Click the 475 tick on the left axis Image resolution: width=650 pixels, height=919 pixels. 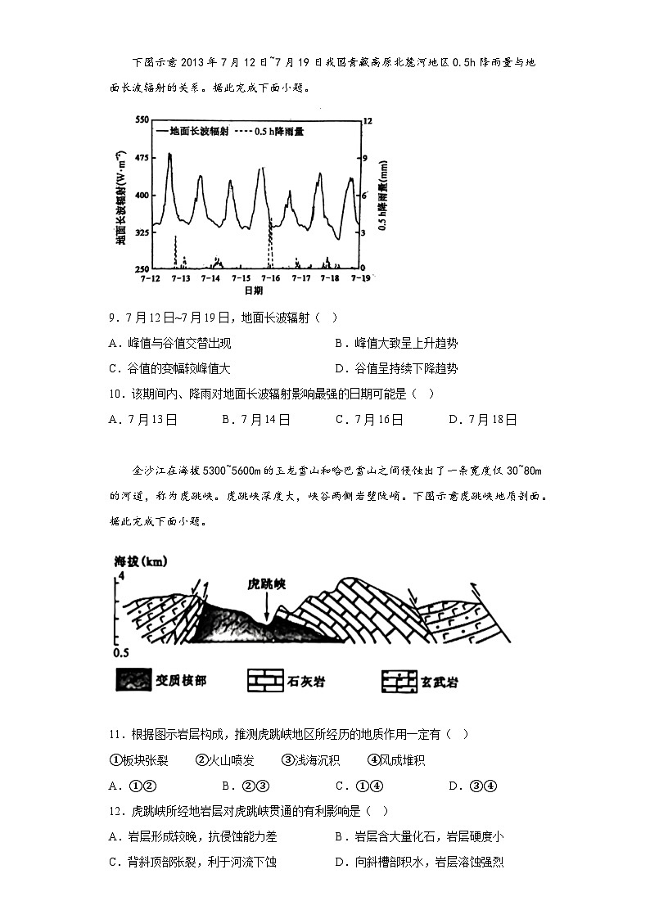click(x=140, y=157)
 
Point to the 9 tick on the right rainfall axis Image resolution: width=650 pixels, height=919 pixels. click(x=368, y=157)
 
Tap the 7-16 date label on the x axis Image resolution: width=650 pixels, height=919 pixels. click(x=271, y=278)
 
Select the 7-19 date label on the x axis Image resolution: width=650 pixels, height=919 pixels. click(x=359, y=278)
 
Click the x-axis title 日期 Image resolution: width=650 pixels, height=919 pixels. click(x=253, y=291)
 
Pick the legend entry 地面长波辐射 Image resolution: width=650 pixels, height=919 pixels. click(x=196, y=131)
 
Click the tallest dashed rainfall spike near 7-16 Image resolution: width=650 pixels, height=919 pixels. click(x=269, y=241)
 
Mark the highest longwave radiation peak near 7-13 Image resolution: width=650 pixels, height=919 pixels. click(x=169, y=154)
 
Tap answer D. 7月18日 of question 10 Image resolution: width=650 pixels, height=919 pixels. click(x=483, y=419)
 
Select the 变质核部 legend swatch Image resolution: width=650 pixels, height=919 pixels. click(x=136, y=680)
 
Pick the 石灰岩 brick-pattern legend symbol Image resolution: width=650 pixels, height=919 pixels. click(x=264, y=680)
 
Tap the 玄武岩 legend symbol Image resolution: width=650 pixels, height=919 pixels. click(x=399, y=680)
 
